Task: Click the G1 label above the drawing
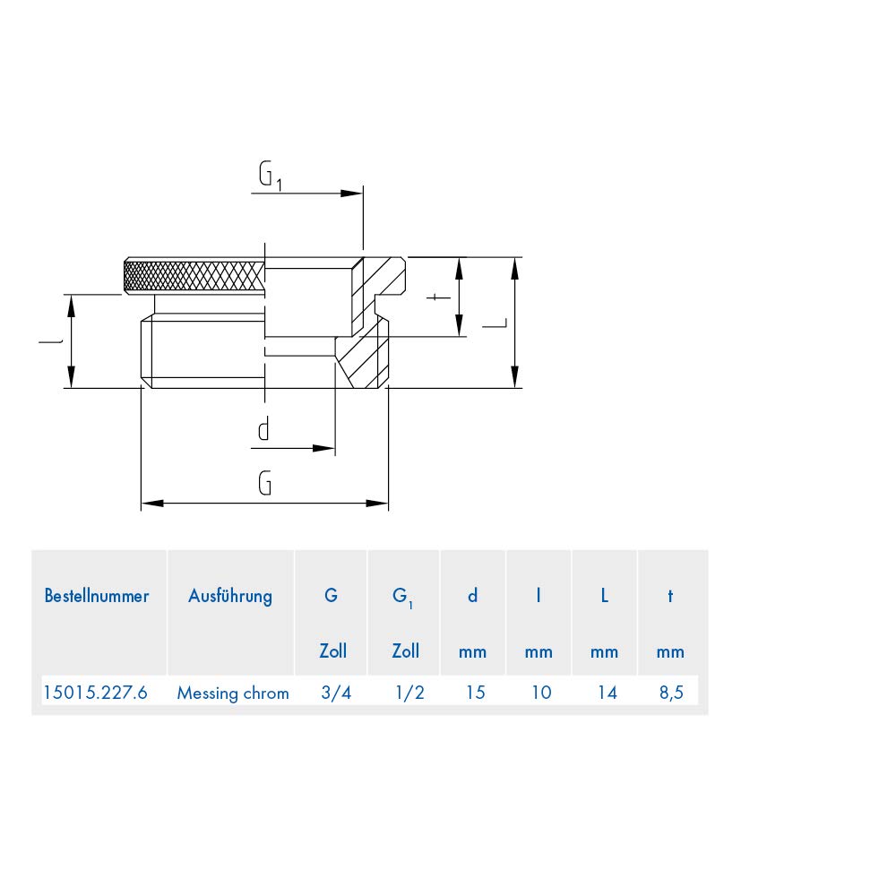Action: [x=271, y=176]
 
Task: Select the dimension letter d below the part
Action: [x=263, y=429]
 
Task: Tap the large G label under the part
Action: [x=264, y=484]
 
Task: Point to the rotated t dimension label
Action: [x=438, y=297]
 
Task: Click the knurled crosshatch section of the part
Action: [x=194, y=275]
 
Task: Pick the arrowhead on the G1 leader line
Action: [x=351, y=194]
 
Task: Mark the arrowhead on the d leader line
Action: [x=323, y=449]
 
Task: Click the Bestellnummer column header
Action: [x=97, y=596]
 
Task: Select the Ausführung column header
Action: [x=230, y=596]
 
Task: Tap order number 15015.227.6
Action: [x=96, y=693]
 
